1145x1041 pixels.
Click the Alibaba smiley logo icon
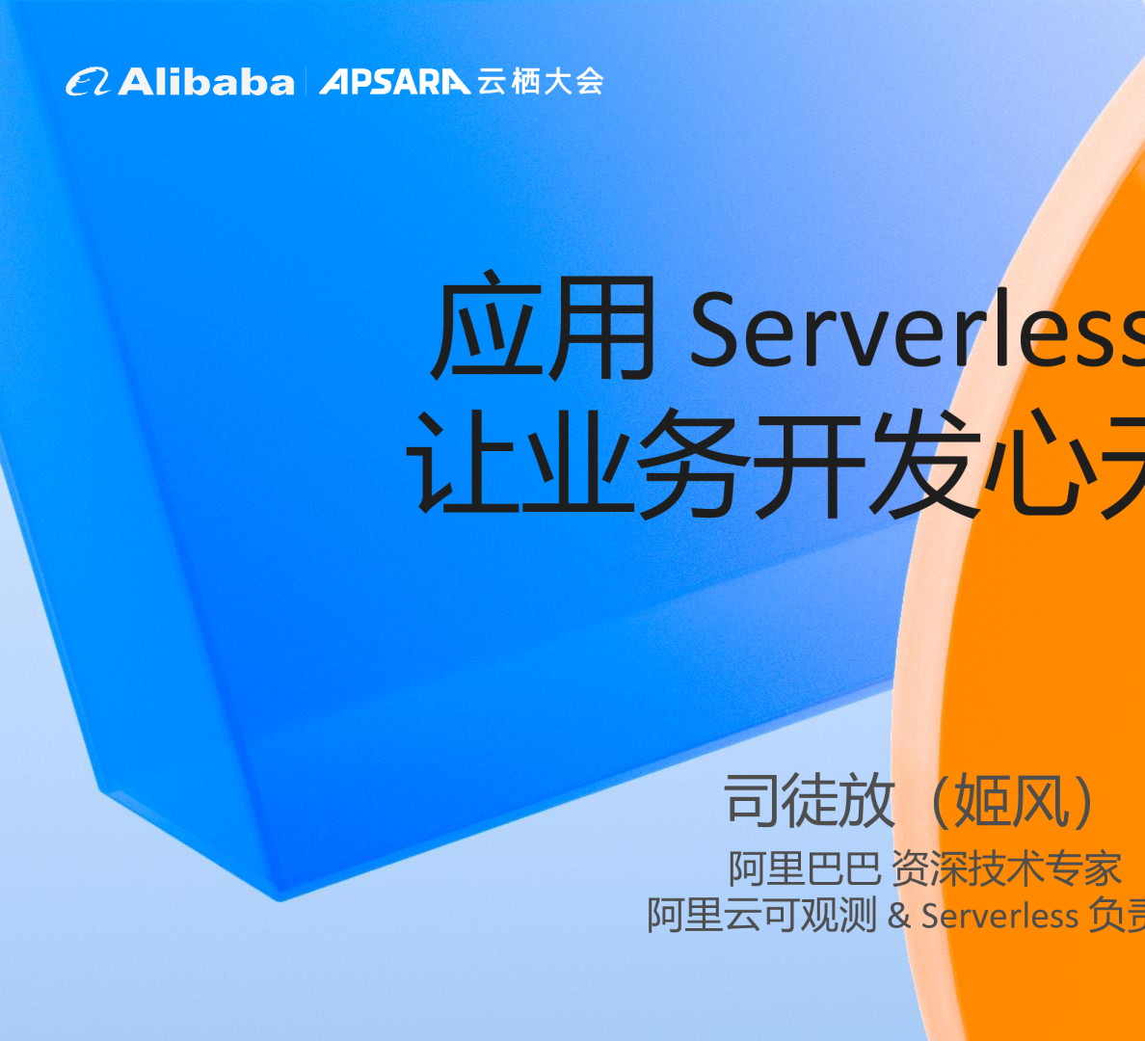coord(90,82)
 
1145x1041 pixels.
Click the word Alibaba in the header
coord(206,82)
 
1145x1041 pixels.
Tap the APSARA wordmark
coord(395,82)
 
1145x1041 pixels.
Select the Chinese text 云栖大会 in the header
coord(541,82)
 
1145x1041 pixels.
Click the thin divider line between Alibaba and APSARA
coord(306,82)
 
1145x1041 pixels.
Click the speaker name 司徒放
coord(810,800)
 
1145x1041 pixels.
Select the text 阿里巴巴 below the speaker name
coord(805,868)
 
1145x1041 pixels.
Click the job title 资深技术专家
coord(1006,868)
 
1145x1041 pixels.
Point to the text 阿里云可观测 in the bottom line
coord(761,915)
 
